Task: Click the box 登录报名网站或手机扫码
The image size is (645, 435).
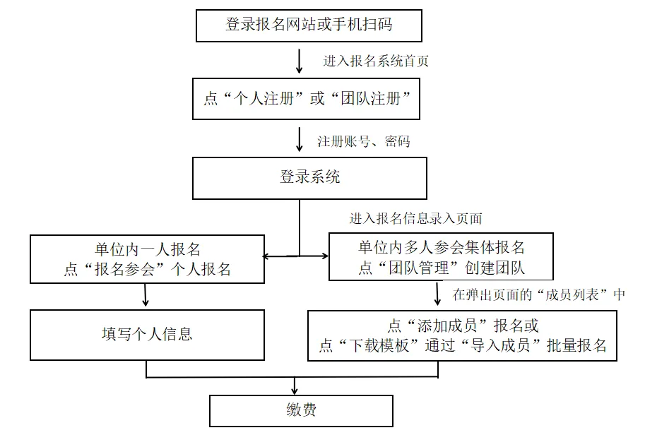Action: (309, 25)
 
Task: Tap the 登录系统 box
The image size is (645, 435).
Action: (309, 177)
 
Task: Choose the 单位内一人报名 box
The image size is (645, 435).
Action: (147, 258)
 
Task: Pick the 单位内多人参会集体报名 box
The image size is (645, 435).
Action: (441, 258)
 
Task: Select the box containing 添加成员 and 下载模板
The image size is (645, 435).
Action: (462, 335)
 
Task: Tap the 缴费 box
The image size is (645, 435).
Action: (301, 410)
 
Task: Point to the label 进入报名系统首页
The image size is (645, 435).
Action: (376, 61)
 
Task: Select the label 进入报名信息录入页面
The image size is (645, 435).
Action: (415, 218)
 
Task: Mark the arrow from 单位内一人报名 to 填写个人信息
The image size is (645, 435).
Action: (146, 294)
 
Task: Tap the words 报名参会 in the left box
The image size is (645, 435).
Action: (126, 269)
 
